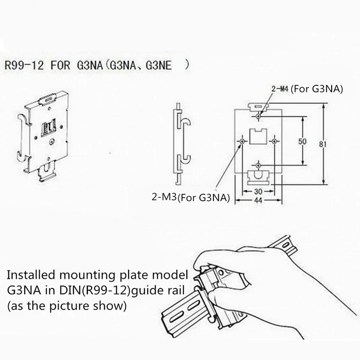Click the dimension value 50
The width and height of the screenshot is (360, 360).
[302, 142]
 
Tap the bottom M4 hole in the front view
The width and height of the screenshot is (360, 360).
[258, 165]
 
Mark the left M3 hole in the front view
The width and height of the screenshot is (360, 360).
[243, 142]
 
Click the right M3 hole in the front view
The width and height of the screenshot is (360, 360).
[274, 142]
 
